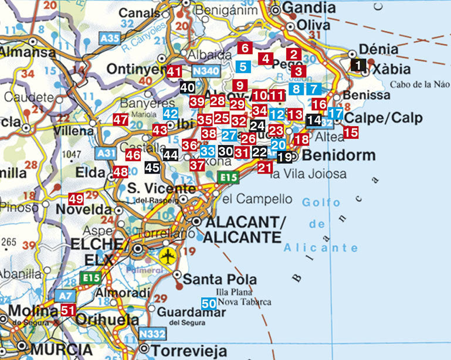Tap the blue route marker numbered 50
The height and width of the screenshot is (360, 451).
(x=209, y=303)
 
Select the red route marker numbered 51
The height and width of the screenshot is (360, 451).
(x=68, y=310)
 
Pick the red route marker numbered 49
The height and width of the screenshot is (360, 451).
(x=76, y=199)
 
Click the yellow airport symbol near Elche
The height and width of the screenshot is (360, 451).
(x=167, y=256)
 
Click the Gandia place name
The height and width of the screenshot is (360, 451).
(x=309, y=8)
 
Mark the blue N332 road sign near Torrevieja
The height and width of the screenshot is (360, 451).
(x=152, y=334)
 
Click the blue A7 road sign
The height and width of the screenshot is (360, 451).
(x=64, y=296)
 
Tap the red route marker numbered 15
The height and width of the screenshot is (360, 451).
(x=351, y=133)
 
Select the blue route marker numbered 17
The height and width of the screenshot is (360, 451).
(x=335, y=113)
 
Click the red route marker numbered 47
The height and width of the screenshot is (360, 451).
(x=120, y=120)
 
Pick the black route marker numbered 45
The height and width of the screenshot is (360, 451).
(x=152, y=167)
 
